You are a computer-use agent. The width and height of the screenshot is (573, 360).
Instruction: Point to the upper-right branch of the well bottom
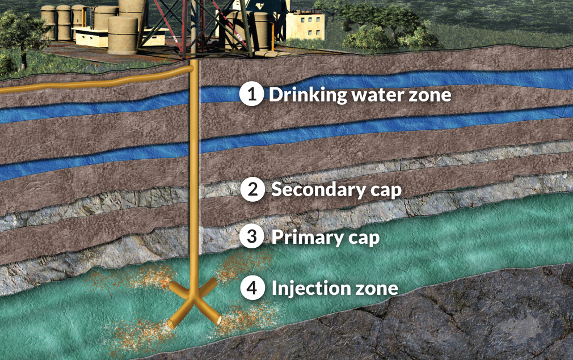tap(208, 286)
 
